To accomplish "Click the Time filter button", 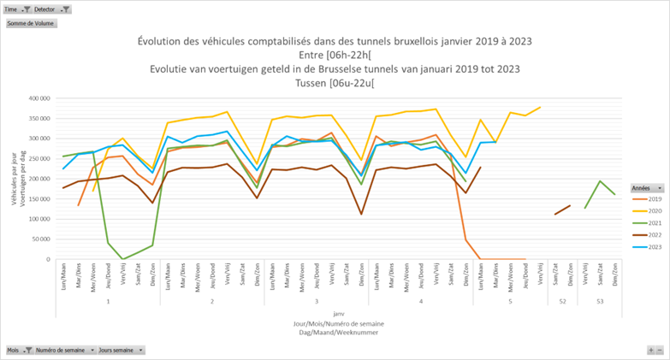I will pos(16,9).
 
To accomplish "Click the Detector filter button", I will pos(51,9).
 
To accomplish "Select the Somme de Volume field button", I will pos(31,24).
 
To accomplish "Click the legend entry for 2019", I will pos(649,198).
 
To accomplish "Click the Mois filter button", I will pos(18,351).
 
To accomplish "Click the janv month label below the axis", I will pos(339,313).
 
